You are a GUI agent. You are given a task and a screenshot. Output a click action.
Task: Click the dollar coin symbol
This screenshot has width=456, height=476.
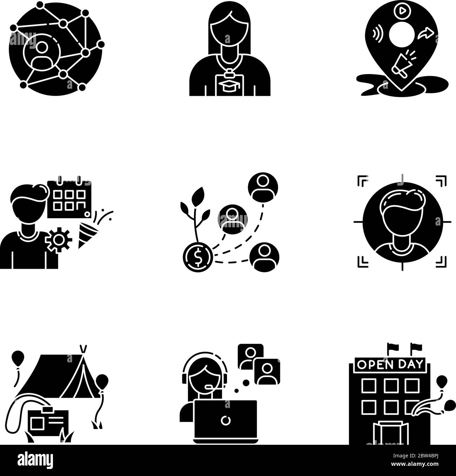[x=197, y=259]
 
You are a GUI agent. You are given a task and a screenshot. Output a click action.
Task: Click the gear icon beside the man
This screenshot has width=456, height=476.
[x=59, y=239]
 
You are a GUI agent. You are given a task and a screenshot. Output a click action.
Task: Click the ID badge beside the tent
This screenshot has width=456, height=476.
[x=48, y=423]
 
